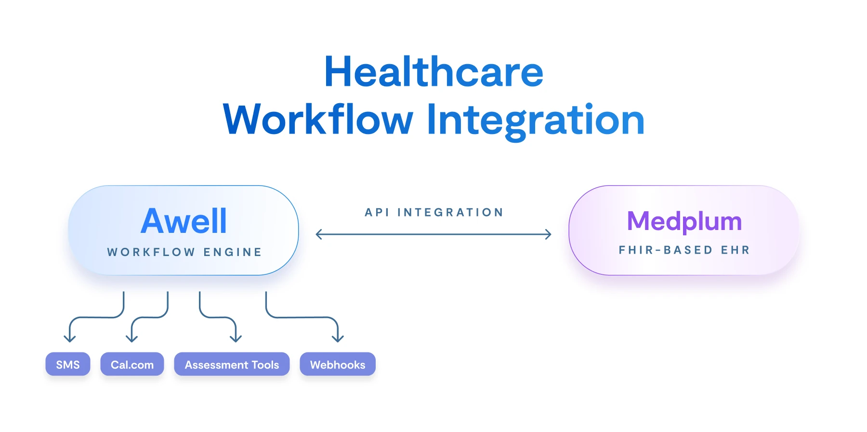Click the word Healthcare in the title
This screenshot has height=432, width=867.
pyautogui.click(x=433, y=72)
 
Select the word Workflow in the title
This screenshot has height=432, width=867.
pyautogui.click(x=318, y=120)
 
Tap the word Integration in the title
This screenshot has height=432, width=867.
pyautogui.click(x=536, y=120)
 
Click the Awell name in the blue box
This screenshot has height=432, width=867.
pyautogui.click(x=184, y=221)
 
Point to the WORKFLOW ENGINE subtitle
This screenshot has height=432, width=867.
pyautogui.click(x=184, y=252)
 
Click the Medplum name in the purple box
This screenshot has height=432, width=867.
pyautogui.click(x=684, y=221)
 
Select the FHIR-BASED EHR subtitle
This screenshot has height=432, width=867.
pyautogui.click(x=684, y=250)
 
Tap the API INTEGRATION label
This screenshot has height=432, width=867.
pyautogui.click(x=434, y=213)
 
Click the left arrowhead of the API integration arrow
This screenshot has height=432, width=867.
pyautogui.click(x=318, y=235)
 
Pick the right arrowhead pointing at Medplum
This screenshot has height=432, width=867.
pyautogui.click(x=548, y=235)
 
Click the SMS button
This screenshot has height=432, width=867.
pyautogui.click(x=68, y=364)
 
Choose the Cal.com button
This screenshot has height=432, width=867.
pyautogui.click(x=132, y=364)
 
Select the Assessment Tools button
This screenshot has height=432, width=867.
pyautogui.click(x=232, y=364)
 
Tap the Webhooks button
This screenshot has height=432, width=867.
pyautogui.click(x=338, y=364)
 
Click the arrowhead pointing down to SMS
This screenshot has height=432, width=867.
pyautogui.click(x=70, y=338)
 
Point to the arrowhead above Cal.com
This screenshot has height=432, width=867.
pyautogui.click(x=132, y=338)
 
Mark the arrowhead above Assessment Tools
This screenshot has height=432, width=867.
pyautogui.click(x=236, y=338)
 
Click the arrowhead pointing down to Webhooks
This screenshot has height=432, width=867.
pyautogui.click(x=338, y=338)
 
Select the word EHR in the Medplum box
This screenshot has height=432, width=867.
pyautogui.click(x=735, y=250)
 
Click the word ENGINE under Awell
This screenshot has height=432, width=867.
pyautogui.click(x=233, y=252)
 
